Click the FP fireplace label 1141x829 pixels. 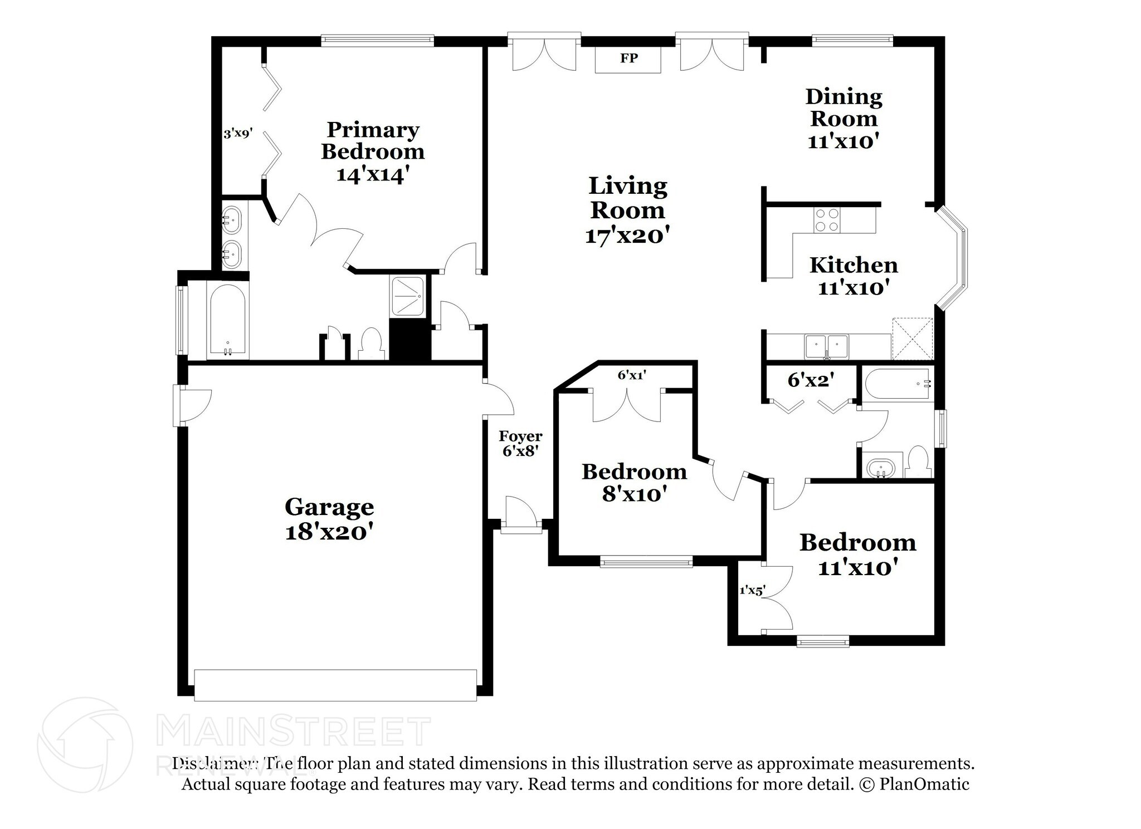(x=628, y=58)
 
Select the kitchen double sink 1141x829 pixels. (x=827, y=346)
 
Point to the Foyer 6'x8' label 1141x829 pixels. (x=520, y=443)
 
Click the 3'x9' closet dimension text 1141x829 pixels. (x=238, y=133)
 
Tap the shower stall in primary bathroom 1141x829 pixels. (x=408, y=296)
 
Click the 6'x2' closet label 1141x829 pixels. (x=811, y=380)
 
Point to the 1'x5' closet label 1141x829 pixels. (x=752, y=590)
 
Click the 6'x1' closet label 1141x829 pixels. (x=631, y=375)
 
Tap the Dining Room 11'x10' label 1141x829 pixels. (x=843, y=119)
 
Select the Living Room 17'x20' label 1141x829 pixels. (x=627, y=210)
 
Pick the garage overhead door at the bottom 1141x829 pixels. (x=335, y=685)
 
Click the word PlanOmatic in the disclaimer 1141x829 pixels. (x=924, y=784)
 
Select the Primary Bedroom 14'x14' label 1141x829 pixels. (x=373, y=151)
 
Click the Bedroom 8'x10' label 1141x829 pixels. (x=634, y=482)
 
